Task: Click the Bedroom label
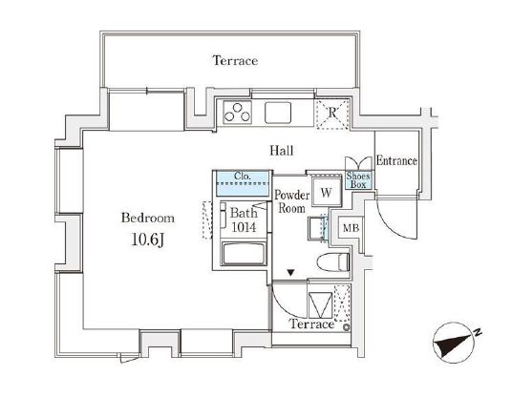148,218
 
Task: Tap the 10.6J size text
147,240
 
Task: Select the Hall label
282,151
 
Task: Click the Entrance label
396,160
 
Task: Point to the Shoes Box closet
358,180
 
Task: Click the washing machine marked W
326,193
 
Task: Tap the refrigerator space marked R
332,113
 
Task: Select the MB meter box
351,228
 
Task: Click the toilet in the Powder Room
333,261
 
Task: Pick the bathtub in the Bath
244,254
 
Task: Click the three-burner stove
238,112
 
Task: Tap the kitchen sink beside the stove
278,113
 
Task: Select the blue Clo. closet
243,183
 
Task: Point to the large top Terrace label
235,61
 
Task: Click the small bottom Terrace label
311,324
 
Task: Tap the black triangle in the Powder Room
290,272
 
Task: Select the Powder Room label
291,201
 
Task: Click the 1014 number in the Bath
244,227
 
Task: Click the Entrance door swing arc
392,228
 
